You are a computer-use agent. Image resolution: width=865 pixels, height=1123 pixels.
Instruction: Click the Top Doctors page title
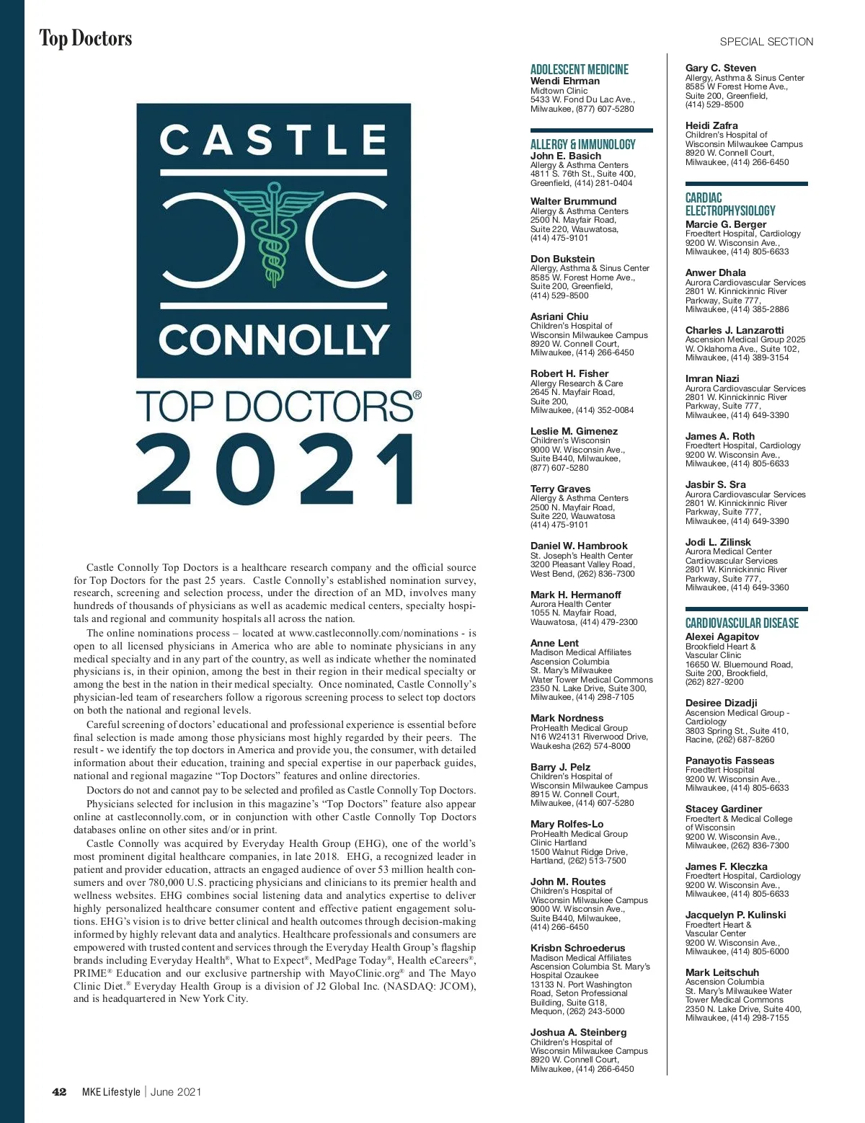coord(86,38)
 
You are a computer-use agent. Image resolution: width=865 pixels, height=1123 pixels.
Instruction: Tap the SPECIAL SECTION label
coord(766,42)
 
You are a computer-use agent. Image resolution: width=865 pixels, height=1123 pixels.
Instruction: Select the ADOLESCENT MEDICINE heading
coord(579,69)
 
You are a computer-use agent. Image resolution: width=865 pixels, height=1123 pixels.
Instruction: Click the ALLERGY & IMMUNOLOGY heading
coord(582,144)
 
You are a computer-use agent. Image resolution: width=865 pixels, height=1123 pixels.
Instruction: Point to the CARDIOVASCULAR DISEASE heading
coord(742,623)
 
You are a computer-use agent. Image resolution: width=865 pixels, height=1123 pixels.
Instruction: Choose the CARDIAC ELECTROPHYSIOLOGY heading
coord(729,204)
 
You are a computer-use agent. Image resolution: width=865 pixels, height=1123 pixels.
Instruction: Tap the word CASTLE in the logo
coord(273,140)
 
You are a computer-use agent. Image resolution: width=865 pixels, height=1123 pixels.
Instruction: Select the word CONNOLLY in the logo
coord(273,339)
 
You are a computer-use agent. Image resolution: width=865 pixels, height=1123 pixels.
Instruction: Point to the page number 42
coord(60,1092)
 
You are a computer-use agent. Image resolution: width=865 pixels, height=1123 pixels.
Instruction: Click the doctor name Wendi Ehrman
coord(564,81)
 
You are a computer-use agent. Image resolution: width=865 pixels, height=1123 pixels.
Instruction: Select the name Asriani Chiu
coord(559,316)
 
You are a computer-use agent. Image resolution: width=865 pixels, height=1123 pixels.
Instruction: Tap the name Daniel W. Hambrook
coord(579,546)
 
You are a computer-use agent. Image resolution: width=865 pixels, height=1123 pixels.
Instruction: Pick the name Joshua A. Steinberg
coord(578,1032)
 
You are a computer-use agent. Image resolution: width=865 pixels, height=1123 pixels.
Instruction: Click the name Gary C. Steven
coord(720,68)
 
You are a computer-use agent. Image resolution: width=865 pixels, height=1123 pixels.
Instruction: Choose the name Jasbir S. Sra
coord(715,484)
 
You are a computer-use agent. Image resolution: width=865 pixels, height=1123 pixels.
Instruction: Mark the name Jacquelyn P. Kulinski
coord(735,915)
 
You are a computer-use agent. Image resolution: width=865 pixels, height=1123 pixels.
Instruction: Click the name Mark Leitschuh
coord(722,972)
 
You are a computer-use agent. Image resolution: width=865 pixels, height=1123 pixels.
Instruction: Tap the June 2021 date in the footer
coord(176,1092)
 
